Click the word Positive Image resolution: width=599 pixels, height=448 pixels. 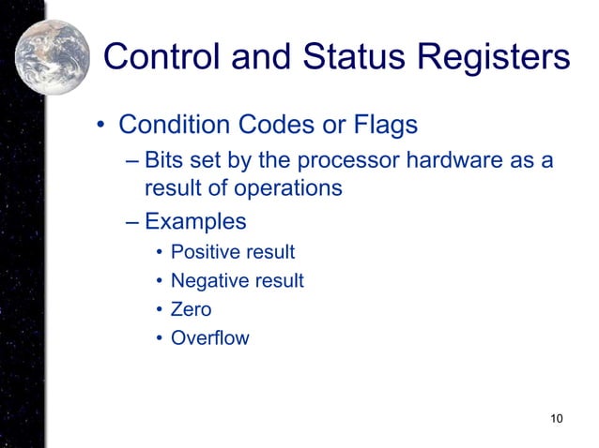point(202,252)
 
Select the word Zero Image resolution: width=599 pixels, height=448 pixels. point(191,309)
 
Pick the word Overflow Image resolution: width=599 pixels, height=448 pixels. point(209,337)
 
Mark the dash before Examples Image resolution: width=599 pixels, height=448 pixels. point(131,222)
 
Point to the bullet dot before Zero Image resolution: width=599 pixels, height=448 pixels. point(160,309)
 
